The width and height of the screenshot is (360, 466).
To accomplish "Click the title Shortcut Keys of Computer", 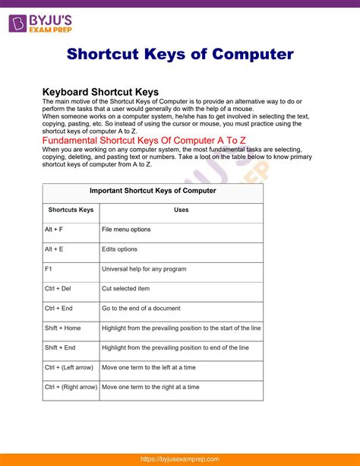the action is pyautogui.click(x=180, y=55).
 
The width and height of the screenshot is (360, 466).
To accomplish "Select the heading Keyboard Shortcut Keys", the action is pyautogui.click(x=110, y=92).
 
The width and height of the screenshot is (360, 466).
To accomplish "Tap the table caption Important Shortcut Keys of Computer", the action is pyautogui.click(x=153, y=191).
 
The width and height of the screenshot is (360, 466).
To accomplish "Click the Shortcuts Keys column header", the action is pyautogui.click(x=71, y=210).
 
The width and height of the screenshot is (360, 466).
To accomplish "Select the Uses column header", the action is pyautogui.click(x=182, y=210).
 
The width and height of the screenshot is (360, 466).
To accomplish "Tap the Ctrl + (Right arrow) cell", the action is pyautogui.click(x=71, y=387).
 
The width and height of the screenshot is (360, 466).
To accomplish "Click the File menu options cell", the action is pyautogui.click(x=126, y=230).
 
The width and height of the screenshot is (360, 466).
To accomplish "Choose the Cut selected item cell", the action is pyautogui.click(x=126, y=289).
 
